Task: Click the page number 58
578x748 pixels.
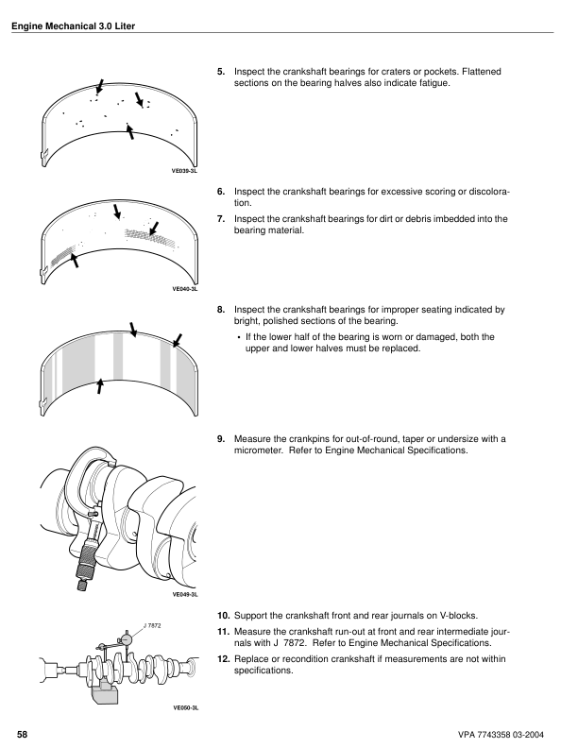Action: click(x=22, y=735)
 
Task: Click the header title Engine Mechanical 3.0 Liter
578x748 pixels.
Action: click(x=73, y=26)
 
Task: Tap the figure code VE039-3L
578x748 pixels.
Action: click(x=184, y=170)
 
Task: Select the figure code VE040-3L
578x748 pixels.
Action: click(x=184, y=289)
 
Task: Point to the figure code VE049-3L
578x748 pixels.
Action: click(x=184, y=594)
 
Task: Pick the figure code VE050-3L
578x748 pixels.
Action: click(x=185, y=708)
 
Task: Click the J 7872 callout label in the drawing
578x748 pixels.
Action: click(x=152, y=625)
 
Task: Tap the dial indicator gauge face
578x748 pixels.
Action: click(x=127, y=638)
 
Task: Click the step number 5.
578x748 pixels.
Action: click(x=221, y=72)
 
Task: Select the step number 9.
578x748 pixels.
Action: click(x=221, y=439)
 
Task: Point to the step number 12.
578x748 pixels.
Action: click(x=223, y=659)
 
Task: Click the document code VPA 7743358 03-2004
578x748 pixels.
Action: click(x=501, y=735)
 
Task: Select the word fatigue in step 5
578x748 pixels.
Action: click(x=434, y=83)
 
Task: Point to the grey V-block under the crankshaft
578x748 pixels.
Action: click(x=105, y=692)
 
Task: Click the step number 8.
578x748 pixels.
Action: click(x=221, y=310)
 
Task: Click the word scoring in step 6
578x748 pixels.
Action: click(x=441, y=193)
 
